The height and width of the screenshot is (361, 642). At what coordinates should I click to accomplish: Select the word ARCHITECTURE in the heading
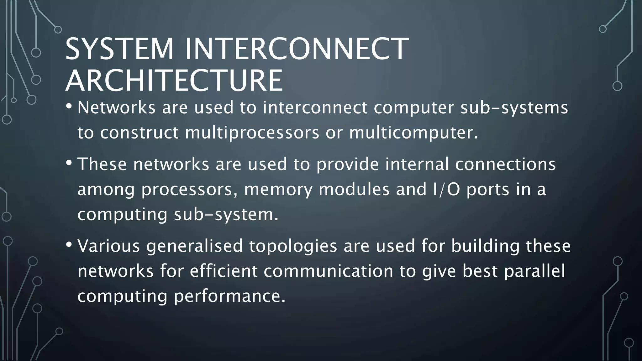(174, 81)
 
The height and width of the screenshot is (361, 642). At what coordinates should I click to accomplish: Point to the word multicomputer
(413, 133)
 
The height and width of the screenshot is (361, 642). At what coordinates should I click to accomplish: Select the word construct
(139, 133)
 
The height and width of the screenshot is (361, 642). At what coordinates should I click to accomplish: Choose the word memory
(278, 190)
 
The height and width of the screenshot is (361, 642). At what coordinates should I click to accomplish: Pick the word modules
(354, 189)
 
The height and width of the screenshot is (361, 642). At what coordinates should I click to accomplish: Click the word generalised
(194, 246)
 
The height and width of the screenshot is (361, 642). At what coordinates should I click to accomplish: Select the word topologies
(293, 246)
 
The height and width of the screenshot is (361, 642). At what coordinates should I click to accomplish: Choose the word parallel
(534, 271)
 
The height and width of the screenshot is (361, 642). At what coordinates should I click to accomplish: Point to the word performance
(230, 296)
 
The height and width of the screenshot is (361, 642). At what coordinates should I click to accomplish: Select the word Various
(108, 246)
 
